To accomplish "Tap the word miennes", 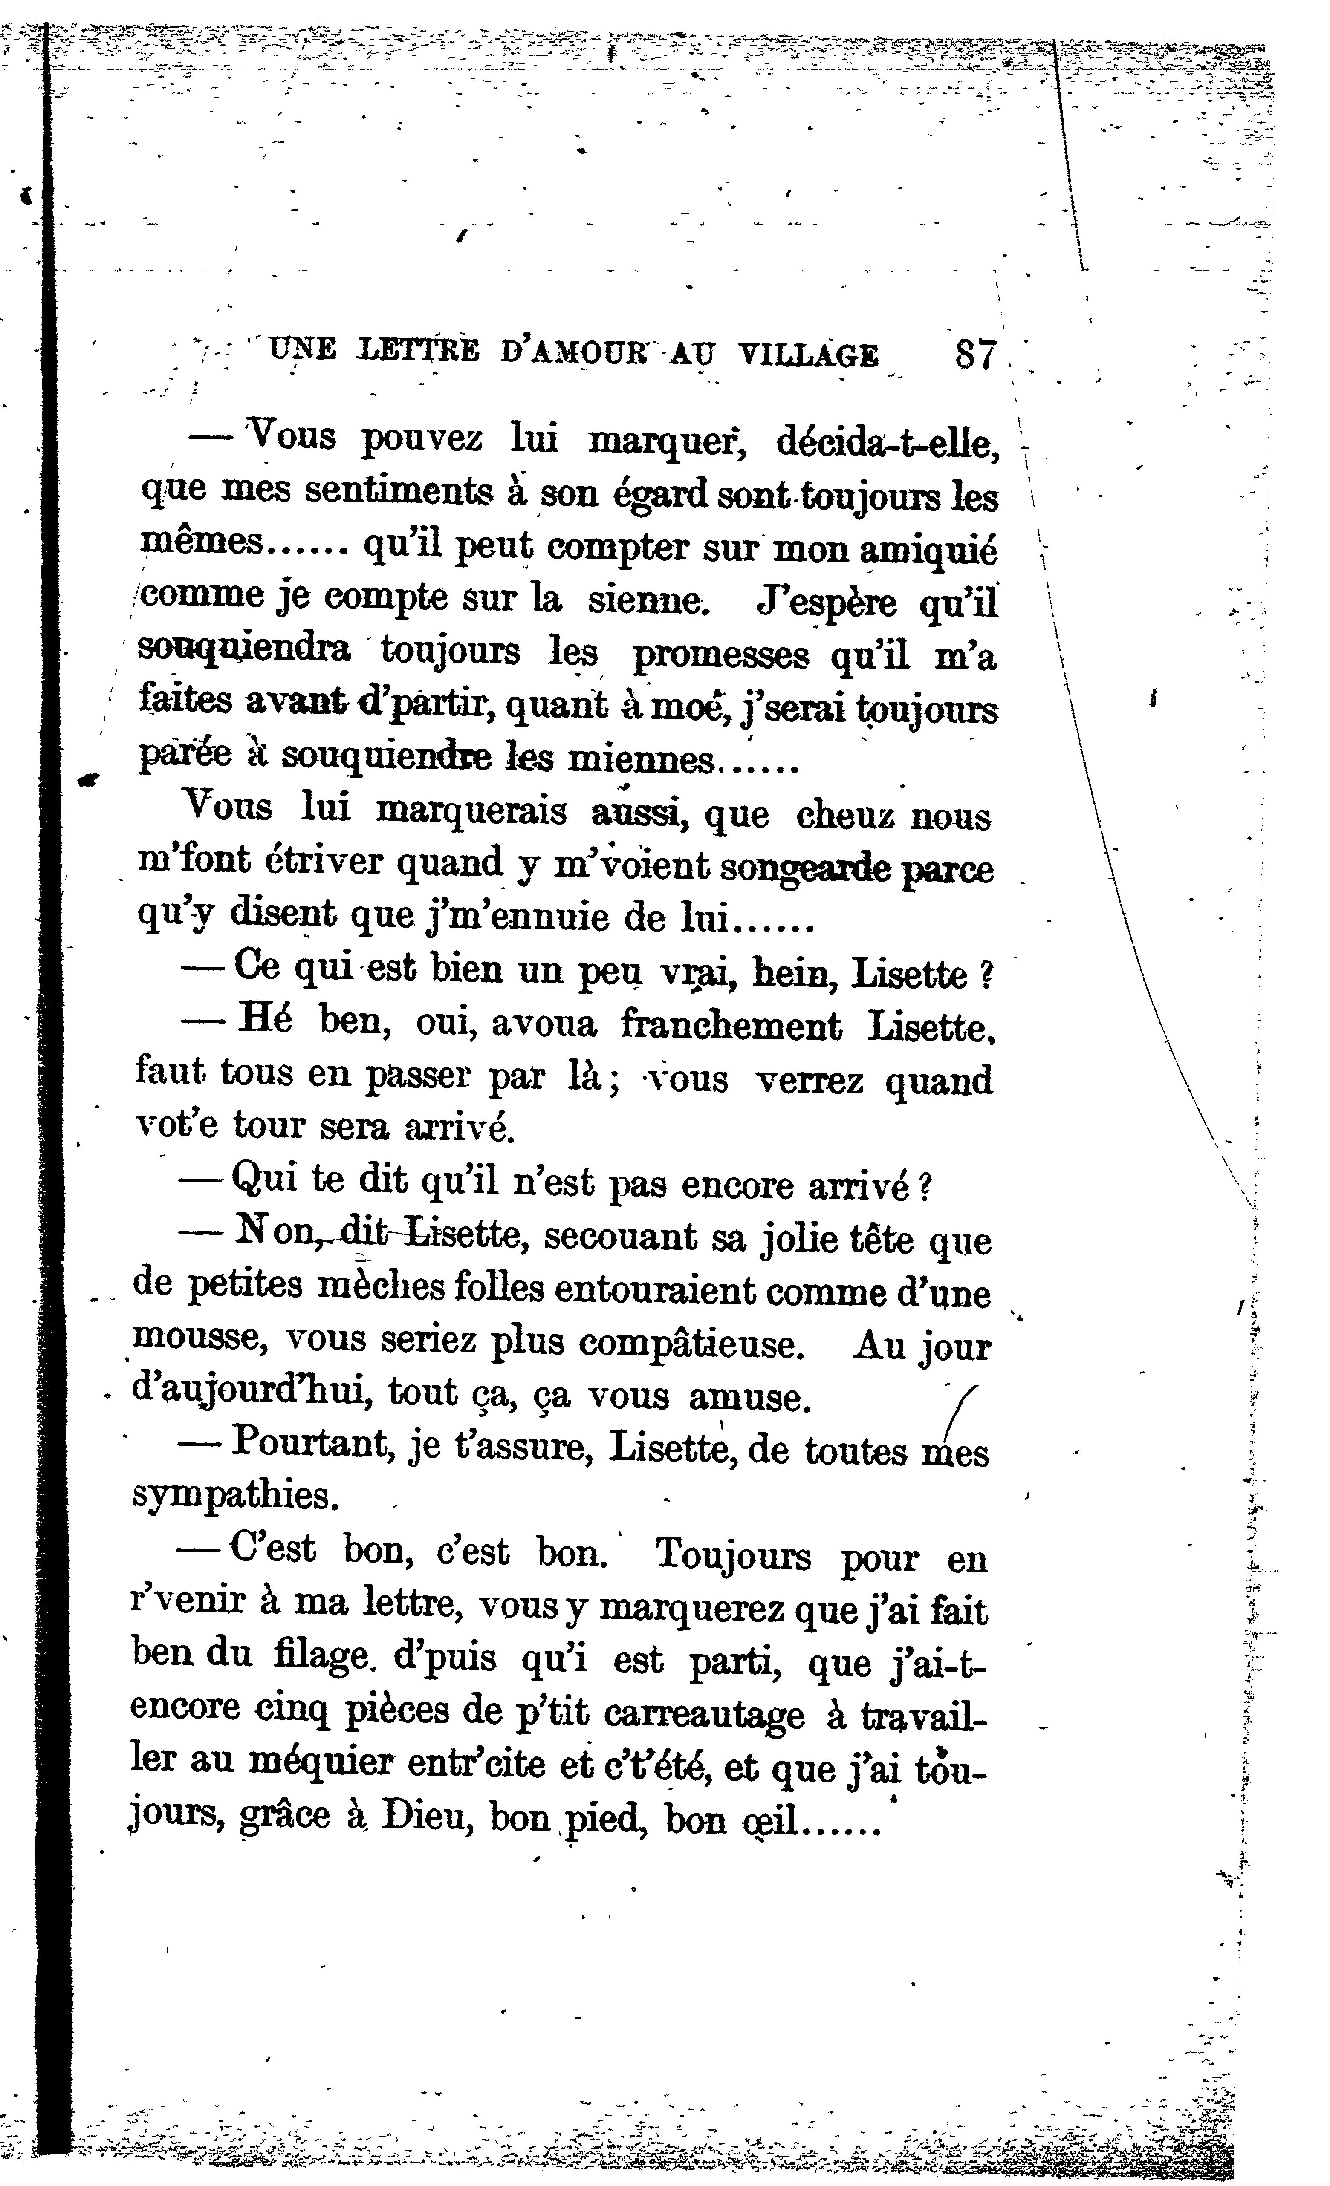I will [640, 760].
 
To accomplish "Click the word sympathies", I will [236, 1498].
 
